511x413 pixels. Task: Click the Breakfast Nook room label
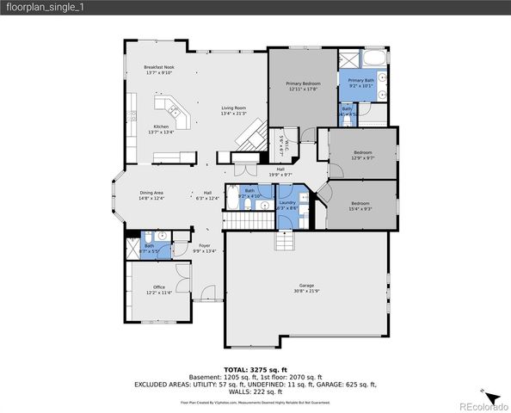159,70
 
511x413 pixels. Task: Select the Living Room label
233,110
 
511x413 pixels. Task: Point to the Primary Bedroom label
303,86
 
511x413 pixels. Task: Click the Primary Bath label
361,83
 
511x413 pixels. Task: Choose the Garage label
306,287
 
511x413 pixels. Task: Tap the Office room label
159,289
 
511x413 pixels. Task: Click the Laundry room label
287,206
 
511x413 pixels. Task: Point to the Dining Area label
151,195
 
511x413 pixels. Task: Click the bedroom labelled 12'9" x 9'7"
362,156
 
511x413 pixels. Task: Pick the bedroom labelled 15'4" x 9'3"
360,206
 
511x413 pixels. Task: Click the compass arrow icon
489,326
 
